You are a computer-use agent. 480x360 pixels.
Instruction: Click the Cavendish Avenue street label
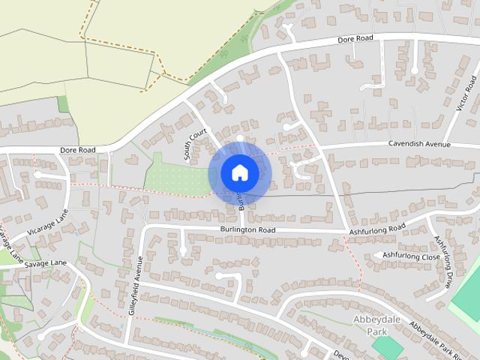coord(418,143)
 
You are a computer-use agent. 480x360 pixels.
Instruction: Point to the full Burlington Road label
coord(247,229)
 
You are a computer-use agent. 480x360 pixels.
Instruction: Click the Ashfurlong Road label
coord(377,229)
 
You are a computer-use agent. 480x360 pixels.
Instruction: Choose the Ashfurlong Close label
coord(411,256)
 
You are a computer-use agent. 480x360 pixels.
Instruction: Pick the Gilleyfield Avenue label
coord(135,289)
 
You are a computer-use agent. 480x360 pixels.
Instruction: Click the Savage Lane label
coord(45,264)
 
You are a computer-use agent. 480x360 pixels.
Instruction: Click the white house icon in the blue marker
coord(239,172)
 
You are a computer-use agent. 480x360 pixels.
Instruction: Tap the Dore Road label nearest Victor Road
coord(355,39)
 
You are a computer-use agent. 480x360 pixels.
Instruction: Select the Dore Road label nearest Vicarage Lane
coord(78,151)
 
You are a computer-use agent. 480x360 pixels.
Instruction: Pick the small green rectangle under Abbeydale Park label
coord(387,347)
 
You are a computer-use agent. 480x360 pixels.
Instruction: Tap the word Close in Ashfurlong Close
coord(429,256)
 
